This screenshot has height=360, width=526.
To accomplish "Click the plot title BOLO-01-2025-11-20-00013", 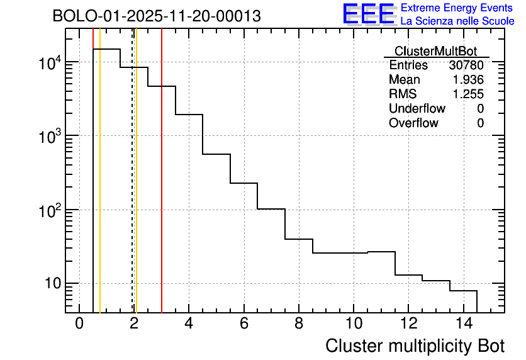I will (157, 16).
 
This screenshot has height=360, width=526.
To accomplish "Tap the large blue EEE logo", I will (369, 14).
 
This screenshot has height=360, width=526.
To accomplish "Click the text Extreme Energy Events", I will (457, 8).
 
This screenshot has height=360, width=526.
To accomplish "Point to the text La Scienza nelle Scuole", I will (457, 21).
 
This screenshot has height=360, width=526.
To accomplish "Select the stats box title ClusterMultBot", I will (435, 51).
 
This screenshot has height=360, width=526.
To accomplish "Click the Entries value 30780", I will (466, 65).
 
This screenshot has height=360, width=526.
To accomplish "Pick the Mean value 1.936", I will (468, 80).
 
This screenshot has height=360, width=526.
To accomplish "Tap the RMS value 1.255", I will (468, 94).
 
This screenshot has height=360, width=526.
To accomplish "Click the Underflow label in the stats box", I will (417, 109).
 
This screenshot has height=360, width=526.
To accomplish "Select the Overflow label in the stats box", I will (413, 123).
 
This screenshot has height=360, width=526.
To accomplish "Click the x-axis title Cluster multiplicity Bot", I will (415, 346).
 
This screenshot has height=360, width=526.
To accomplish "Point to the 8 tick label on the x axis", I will (299, 324).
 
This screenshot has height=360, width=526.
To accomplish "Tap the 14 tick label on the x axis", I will (463, 324).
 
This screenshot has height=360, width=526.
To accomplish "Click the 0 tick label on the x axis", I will (79, 324).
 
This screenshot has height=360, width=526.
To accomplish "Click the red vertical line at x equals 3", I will (162, 189).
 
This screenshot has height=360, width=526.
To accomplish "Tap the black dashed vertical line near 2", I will (132, 189).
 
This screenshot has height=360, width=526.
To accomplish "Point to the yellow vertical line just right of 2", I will (136, 189).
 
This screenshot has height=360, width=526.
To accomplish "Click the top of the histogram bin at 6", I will (244, 183).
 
